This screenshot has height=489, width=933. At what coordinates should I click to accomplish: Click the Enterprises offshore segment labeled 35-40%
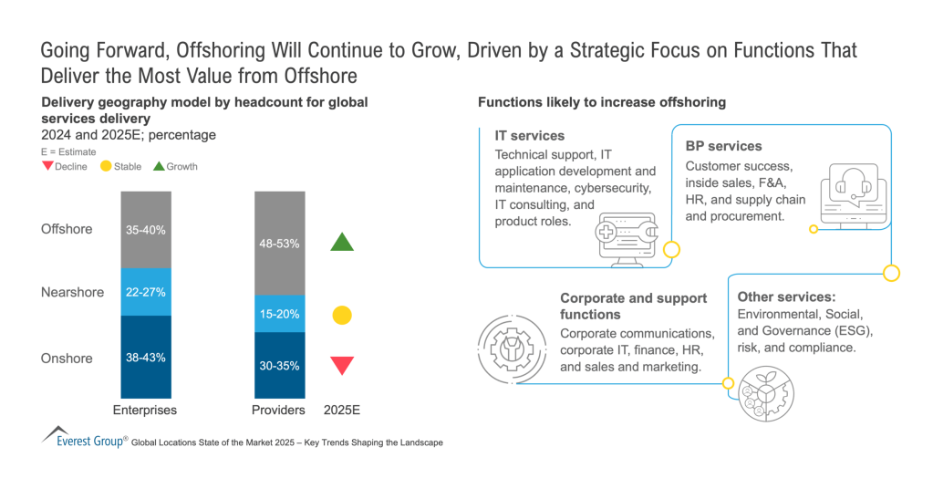click(x=146, y=230)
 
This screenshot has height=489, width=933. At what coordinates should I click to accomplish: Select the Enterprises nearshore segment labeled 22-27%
click(x=146, y=292)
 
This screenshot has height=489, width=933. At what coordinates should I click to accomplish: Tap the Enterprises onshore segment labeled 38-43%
click(x=146, y=358)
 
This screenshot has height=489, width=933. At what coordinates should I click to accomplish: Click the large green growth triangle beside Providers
click(x=342, y=242)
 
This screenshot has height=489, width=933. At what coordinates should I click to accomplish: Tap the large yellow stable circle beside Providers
click(x=342, y=316)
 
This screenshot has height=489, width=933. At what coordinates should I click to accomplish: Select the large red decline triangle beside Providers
click(x=342, y=366)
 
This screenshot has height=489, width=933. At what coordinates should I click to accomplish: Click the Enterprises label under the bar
click(x=144, y=410)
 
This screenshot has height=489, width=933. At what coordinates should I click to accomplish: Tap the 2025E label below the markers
click(x=342, y=410)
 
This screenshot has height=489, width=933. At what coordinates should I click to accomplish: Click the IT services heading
click(x=530, y=136)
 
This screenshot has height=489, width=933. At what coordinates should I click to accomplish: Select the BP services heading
click(x=723, y=146)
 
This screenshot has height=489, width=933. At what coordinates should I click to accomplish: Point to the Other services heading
click(x=786, y=297)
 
